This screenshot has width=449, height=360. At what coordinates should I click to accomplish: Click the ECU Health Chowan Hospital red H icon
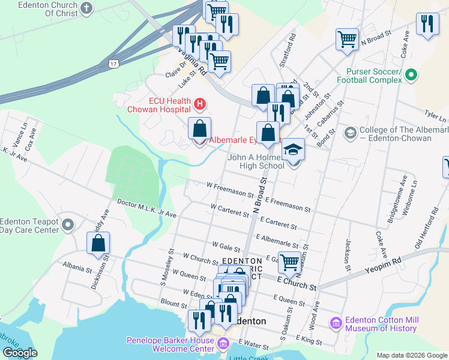tap(200, 105)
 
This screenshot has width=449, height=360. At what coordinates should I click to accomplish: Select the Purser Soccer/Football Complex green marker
tap(411, 76)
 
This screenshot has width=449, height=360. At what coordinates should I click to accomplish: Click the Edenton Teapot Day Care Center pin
tap(67, 226)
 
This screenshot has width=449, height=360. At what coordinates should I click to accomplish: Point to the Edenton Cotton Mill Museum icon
tap(336, 323)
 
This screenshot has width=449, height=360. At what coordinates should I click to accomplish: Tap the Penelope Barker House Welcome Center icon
tap(223, 344)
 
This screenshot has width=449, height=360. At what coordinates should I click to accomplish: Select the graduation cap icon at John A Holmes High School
tap(294, 149)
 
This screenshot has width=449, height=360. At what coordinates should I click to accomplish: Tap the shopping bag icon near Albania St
tap(98, 244)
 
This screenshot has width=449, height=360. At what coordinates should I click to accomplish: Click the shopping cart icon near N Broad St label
tap(347, 40)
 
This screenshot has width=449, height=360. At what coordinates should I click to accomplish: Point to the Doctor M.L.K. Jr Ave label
tap(146, 208)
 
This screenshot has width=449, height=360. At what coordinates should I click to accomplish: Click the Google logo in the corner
tap(20, 353)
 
